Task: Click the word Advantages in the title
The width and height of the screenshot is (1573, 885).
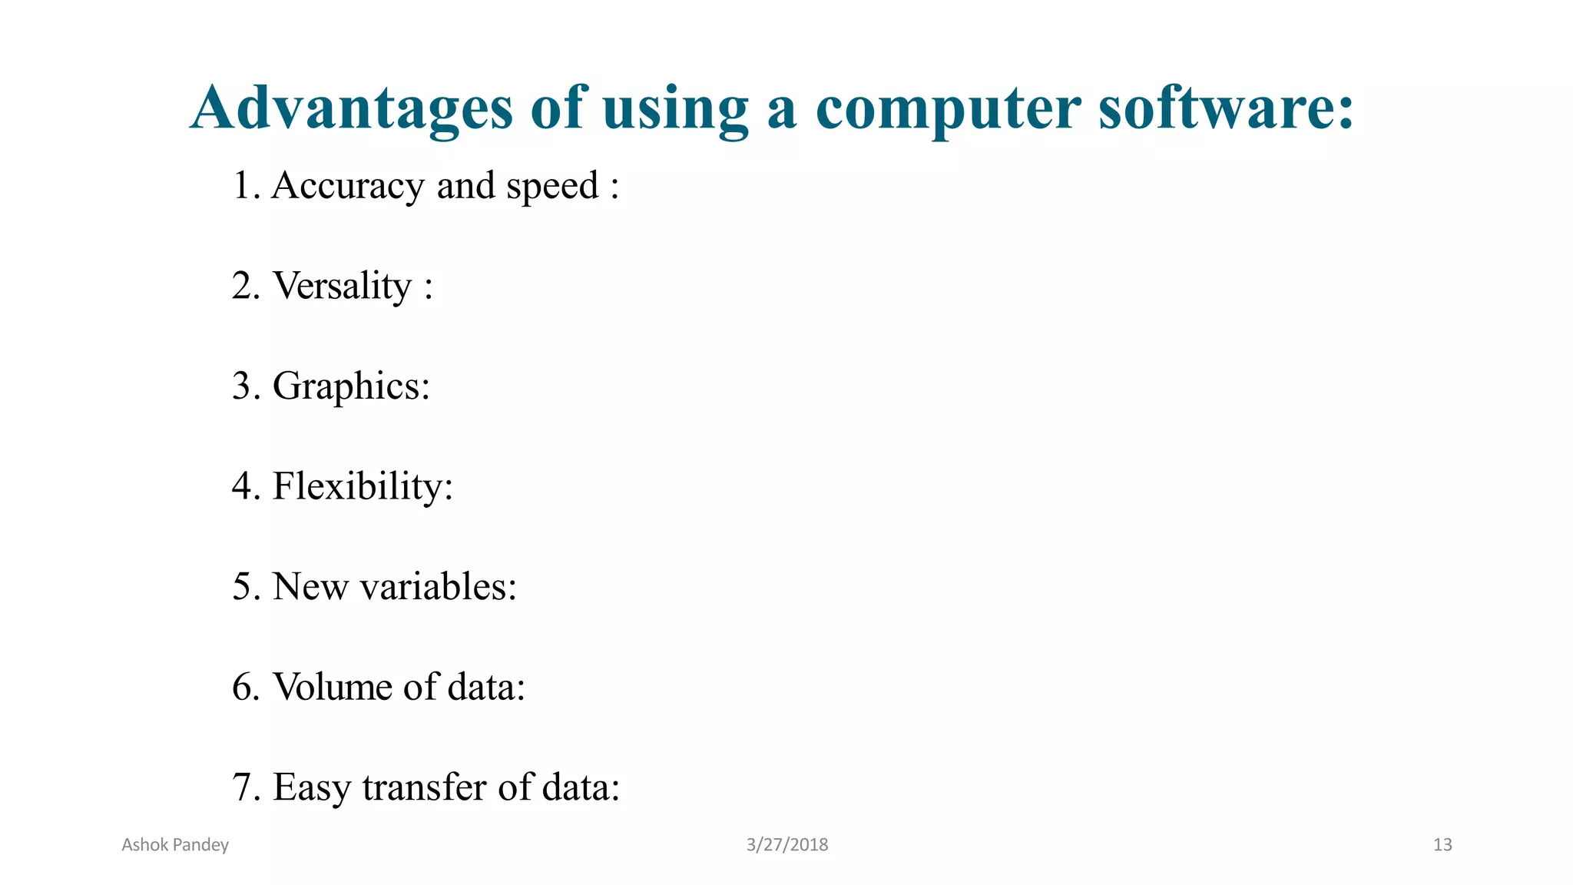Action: coord(352,108)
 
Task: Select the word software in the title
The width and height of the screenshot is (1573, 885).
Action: coord(1226,108)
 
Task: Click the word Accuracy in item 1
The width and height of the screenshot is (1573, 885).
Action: coord(347,186)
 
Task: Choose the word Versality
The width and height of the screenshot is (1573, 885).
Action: coord(343,286)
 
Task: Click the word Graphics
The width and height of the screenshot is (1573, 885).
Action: coord(351,386)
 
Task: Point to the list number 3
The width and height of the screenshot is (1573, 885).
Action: coord(243,386)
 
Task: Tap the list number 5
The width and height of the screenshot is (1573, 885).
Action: coord(243,586)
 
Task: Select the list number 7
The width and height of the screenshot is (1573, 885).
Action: coord(243,787)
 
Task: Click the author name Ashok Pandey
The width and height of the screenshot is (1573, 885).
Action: coord(175,845)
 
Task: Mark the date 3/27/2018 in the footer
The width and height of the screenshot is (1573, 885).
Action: coord(787,845)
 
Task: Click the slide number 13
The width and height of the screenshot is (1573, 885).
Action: coord(1442,845)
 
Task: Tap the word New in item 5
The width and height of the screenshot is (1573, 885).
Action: coord(310,586)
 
